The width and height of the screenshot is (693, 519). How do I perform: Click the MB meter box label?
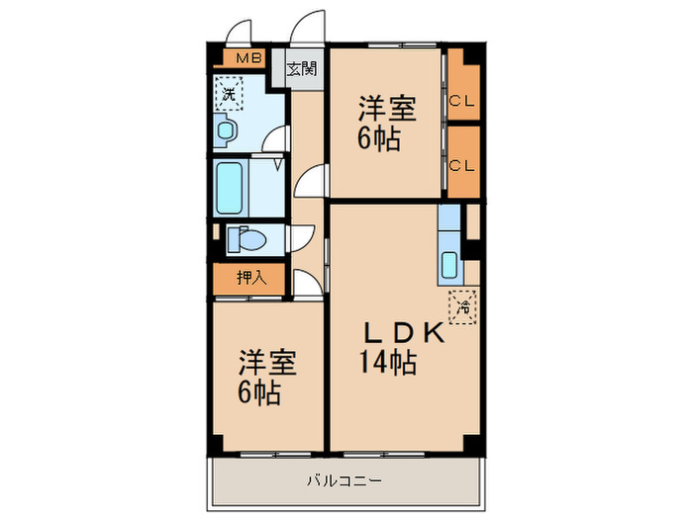click(248, 57)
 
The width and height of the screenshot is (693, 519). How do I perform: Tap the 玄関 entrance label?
click(303, 69)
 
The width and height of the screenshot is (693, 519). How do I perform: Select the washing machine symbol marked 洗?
click(229, 96)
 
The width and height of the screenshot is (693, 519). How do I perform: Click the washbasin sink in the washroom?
click(227, 130)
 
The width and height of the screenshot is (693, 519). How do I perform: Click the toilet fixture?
click(245, 239)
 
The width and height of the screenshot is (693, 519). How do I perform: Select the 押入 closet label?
click(251, 278)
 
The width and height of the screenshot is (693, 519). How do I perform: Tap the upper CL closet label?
click(461, 99)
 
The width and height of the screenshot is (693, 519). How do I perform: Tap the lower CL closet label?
click(461, 165)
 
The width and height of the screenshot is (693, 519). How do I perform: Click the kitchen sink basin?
click(449, 266)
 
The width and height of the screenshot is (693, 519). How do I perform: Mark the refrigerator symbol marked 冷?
click(462, 306)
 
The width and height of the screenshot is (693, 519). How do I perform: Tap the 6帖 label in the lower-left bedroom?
click(258, 393)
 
